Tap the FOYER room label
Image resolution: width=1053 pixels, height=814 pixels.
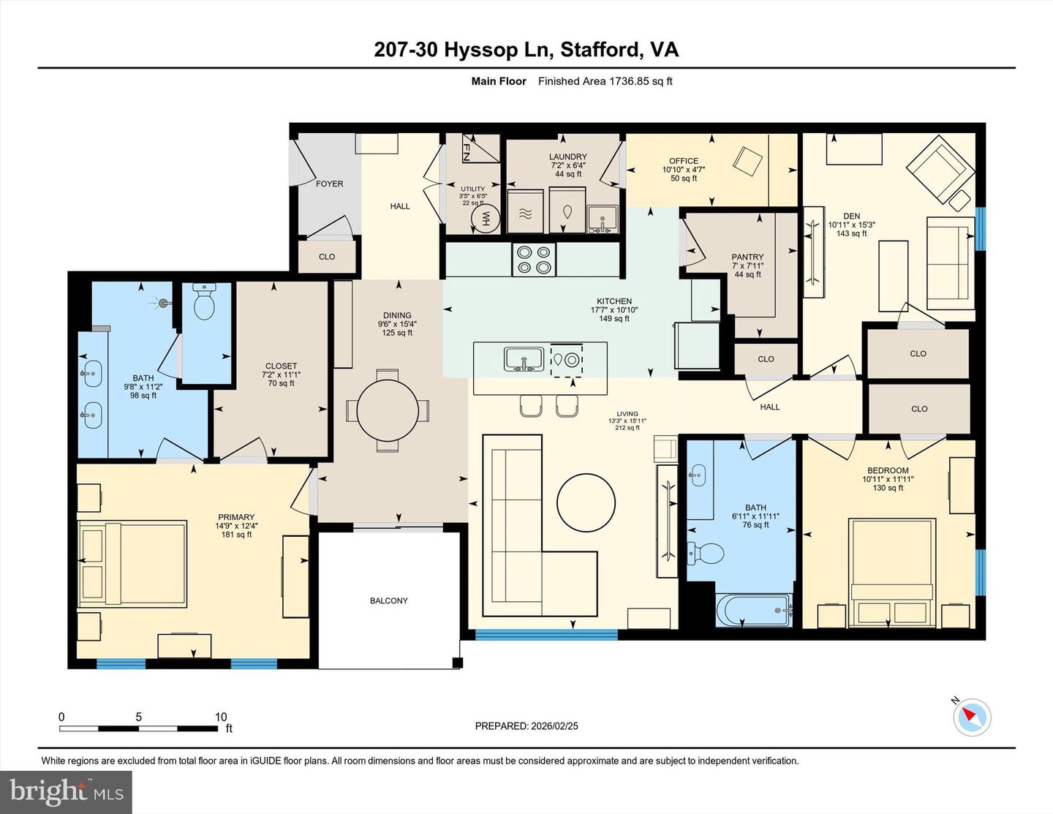tap(329, 184)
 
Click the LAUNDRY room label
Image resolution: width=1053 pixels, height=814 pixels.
tap(567, 157)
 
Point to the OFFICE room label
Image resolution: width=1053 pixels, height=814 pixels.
tap(684, 161)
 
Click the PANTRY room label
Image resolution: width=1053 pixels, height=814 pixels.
tap(747, 257)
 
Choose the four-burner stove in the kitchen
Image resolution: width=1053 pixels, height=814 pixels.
tap(533, 259)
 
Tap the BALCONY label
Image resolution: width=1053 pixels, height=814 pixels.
tap(388, 600)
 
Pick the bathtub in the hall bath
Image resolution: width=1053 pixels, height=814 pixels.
tap(754, 610)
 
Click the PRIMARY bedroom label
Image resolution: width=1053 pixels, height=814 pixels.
tap(235, 517)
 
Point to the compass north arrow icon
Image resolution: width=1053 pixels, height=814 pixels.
tap(971, 716)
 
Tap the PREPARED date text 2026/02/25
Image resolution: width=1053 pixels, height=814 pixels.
tap(526, 726)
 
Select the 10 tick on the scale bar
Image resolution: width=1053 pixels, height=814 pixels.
tap(221, 717)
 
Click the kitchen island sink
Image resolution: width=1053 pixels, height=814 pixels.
tap(524, 359)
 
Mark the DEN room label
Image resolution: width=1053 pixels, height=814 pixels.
tap(851, 216)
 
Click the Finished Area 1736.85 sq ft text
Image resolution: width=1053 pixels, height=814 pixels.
tap(605, 81)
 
